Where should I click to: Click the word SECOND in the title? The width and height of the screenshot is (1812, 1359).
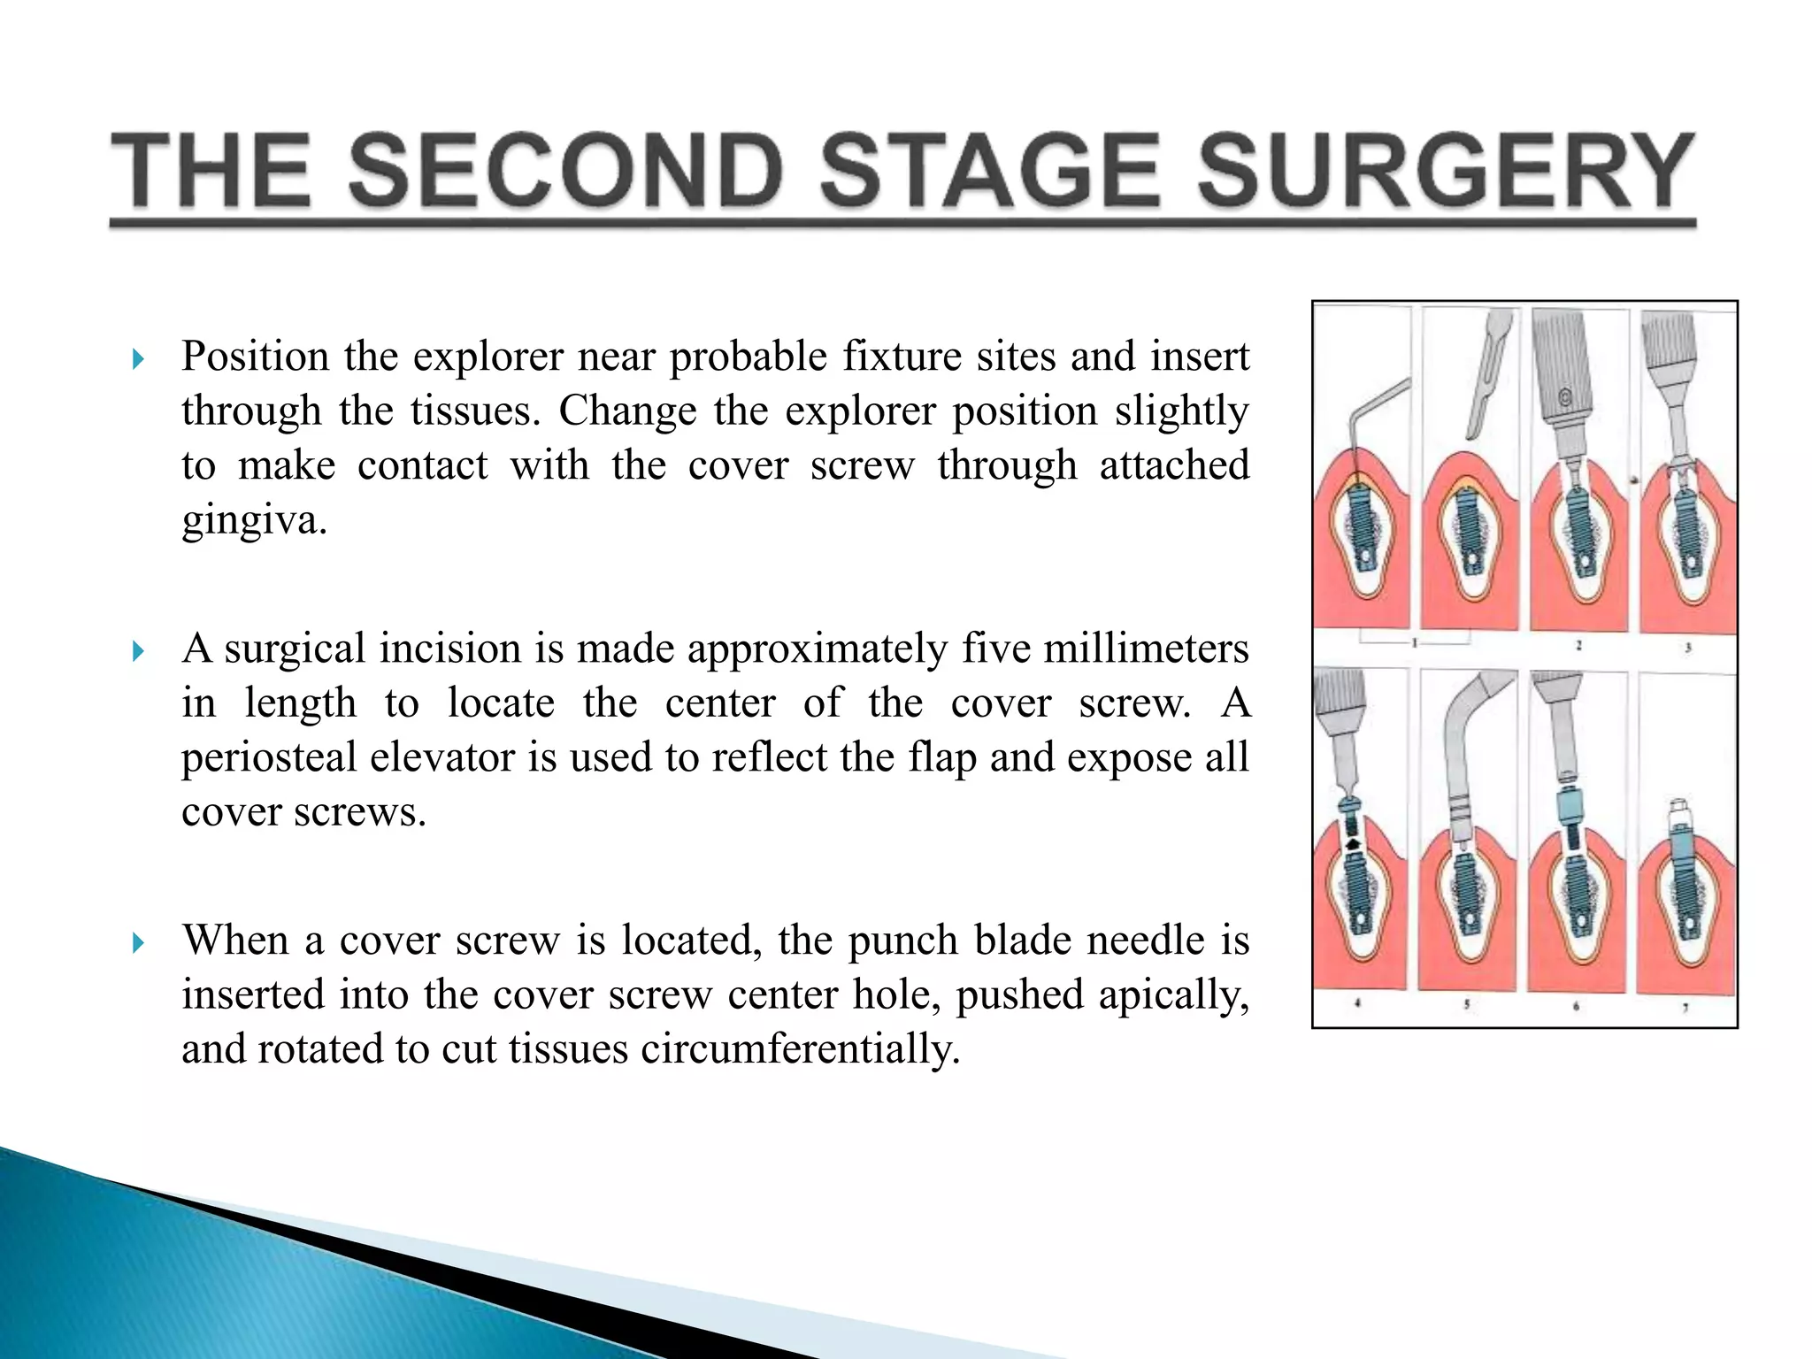tap(566, 170)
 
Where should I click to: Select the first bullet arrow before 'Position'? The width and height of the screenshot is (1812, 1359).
tap(138, 359)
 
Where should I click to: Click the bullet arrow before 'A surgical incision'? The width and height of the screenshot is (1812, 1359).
tap(138, 652)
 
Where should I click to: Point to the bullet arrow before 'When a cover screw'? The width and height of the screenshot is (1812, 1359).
tap(138, 943)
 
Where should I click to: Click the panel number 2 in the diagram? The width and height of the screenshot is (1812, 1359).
tap(1578, 646)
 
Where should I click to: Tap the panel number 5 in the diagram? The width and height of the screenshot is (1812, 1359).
tap(1467, 1004)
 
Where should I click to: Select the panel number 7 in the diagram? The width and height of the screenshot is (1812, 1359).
tap(1685, 1008)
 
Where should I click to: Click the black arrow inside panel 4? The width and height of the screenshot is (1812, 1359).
tap(1353, 846)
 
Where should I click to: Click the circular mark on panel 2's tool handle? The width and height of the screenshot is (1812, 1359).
tap(1565, 397)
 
